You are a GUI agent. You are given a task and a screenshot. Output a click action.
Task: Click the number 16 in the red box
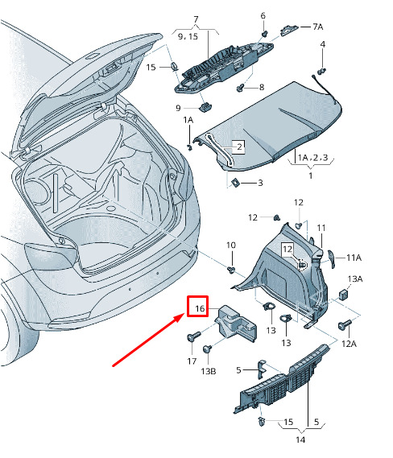click(200, 308)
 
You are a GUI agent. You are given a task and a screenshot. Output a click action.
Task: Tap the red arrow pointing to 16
click(148, 340)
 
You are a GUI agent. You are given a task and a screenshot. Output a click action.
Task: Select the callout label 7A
click(318, 27)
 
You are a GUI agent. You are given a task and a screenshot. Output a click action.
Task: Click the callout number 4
click(323, 44)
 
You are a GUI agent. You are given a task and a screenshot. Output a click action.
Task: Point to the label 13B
click(209, 371)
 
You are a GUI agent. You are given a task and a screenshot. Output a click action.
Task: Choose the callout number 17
click(192, 361)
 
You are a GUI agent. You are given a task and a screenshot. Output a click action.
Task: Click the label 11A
click(354, 258)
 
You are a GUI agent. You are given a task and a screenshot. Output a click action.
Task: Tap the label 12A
click(349, 344)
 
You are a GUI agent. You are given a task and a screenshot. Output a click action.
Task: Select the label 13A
click(355, 279)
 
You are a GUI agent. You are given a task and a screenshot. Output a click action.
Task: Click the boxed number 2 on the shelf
click(239, 146)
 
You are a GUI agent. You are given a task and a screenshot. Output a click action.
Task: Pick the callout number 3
click(260, 184)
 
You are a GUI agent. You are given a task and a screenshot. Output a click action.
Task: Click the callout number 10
click(231, 245)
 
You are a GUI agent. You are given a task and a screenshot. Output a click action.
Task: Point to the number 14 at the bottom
click(300, 439)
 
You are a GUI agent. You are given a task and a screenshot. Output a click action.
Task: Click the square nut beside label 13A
click(344, 295)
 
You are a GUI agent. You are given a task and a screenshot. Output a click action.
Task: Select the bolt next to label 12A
click(345, 324)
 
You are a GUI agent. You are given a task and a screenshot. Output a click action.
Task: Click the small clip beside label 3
click(235, 183)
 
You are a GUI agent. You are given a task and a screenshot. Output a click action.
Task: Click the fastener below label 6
click(265, 34)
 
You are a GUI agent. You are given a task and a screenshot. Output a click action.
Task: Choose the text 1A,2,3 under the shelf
click(312, 158)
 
